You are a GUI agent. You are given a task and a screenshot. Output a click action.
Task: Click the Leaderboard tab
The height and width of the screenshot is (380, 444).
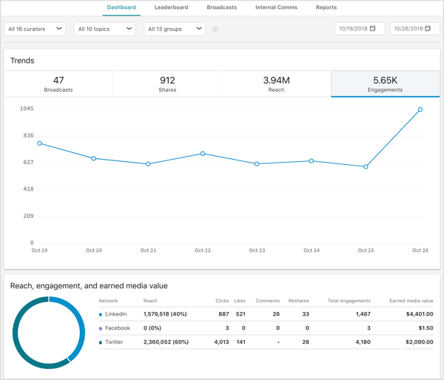pyautogui.click(x=171, y=7)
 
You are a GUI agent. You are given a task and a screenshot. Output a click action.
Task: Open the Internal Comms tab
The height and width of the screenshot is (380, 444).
pyautogui.click(x=276, y=7)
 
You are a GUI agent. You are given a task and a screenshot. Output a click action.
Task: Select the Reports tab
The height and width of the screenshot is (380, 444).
pyautogui.click(x=326, y=7)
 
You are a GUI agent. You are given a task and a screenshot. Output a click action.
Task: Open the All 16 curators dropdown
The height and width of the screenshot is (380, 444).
pyautogui.click(x=35, y=29)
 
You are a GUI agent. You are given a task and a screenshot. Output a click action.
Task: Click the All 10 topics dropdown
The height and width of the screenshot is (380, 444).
pyautogui.click(x=104, y=29)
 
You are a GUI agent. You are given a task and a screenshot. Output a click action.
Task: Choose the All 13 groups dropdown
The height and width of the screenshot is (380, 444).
pyautogui.click(x=175, y=29)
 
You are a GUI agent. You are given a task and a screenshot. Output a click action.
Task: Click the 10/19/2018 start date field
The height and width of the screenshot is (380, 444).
pyautogui.click(x=360, y=29)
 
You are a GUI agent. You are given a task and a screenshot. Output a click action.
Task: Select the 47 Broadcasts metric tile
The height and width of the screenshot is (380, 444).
pyautogui.click(x=58, y=84)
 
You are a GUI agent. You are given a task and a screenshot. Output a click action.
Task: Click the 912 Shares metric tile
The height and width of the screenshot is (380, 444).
pyautogui.click(x=167, y=84)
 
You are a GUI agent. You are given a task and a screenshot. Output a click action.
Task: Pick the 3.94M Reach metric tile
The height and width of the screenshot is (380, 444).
pyautogui.click(x=276, y=84)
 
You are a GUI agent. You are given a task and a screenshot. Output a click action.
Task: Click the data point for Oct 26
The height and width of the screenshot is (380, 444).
pyautogui.click(x=420, y=109)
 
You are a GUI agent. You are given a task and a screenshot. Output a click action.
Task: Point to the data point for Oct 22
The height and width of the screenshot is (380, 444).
pyautogui.click(x=203, y=154)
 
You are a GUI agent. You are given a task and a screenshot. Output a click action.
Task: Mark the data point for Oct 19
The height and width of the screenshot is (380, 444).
pyautogui.click(x=40, y=143)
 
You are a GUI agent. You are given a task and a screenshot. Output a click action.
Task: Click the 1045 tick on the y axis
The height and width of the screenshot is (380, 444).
pyautogui.click(x=27, y=109)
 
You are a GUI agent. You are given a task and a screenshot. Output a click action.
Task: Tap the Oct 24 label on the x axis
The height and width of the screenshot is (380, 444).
pyautogui.click(x=312, y=251)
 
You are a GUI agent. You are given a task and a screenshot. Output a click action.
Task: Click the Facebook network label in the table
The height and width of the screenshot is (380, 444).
pyautogui.click(x=118, y=328)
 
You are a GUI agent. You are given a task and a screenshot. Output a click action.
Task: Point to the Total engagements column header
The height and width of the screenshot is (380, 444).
pyautogui.click(x=349, y=301)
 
